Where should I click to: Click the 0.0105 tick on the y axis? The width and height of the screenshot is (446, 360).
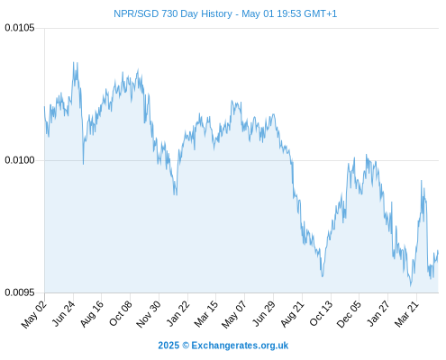(20, 28)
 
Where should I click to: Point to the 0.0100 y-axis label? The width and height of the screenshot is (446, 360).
(20, 160)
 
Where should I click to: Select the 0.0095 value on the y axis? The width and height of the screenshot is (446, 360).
(20, 292)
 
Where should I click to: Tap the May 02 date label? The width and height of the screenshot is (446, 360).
(34, 314)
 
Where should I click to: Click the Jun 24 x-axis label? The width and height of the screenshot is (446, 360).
(63, 313)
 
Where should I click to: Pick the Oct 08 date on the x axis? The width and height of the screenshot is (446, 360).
(120, 313)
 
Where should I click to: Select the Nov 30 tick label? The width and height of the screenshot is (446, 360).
(148, 314)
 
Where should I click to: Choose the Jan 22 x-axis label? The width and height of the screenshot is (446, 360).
(177, 313)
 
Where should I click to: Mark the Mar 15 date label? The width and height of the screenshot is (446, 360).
(206, 314)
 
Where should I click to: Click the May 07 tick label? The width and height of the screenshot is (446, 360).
(233, 314)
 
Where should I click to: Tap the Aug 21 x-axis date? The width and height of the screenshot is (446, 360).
(292, 314)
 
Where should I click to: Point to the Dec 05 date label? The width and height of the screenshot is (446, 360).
(349, 314)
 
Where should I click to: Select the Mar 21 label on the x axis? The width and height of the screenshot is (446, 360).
(406, 314)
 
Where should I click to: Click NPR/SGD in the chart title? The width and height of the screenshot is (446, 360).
(136, 13)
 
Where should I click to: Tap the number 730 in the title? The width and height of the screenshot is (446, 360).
(169, 13)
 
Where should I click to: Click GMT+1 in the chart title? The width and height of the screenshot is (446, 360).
(321, 13)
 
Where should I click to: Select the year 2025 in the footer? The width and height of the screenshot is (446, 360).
(168, 346)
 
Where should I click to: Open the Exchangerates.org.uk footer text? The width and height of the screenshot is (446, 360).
(240, 346)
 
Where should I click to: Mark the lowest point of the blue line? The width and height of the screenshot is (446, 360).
(411, 286)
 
